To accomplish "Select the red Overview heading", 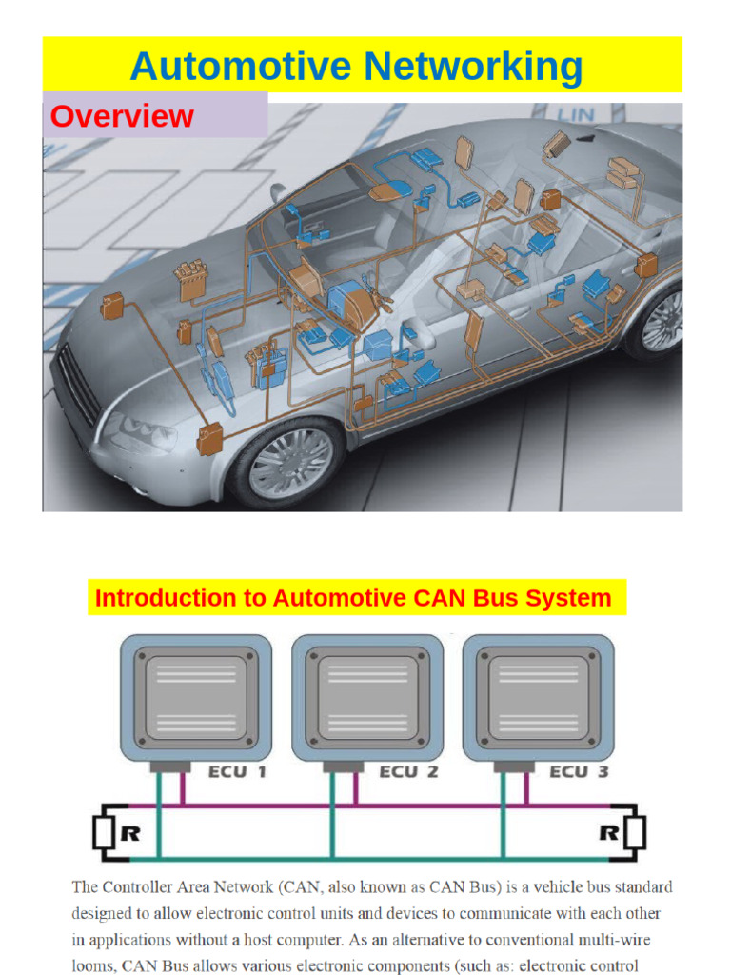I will point(122,116).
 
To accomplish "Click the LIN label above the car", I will point(575,115).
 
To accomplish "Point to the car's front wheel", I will point(285,461).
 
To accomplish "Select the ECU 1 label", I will point(237,771).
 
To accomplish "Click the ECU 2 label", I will point(409,771).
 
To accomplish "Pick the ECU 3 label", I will point(579,771).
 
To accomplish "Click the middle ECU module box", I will point(366,697).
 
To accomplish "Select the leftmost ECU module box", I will point(195,697).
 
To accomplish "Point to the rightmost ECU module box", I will point(538,697).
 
